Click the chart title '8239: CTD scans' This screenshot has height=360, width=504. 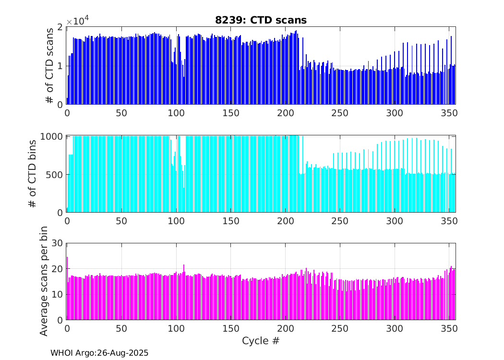click(x=261, y=20)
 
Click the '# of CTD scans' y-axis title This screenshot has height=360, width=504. click(x=49, y=66)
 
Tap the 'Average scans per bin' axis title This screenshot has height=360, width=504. click(x=44, y=282)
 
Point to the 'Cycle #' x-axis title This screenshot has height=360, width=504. click(x=261, y=341)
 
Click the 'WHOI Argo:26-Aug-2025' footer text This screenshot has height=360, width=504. click(x=99, y=353)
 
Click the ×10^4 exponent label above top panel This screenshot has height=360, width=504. click(x=77, y=22)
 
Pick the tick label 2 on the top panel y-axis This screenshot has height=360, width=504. click(x=60, y=27)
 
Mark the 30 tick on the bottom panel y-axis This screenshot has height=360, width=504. click(x=57, y=243)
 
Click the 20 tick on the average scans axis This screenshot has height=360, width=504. click(x=57, y=269)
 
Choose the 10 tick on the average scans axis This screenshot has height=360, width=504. click(x=57, y=294)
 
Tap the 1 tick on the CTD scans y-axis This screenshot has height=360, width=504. click(x=60, y=66)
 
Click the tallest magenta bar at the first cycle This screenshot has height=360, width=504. click(x=67, y=288)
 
